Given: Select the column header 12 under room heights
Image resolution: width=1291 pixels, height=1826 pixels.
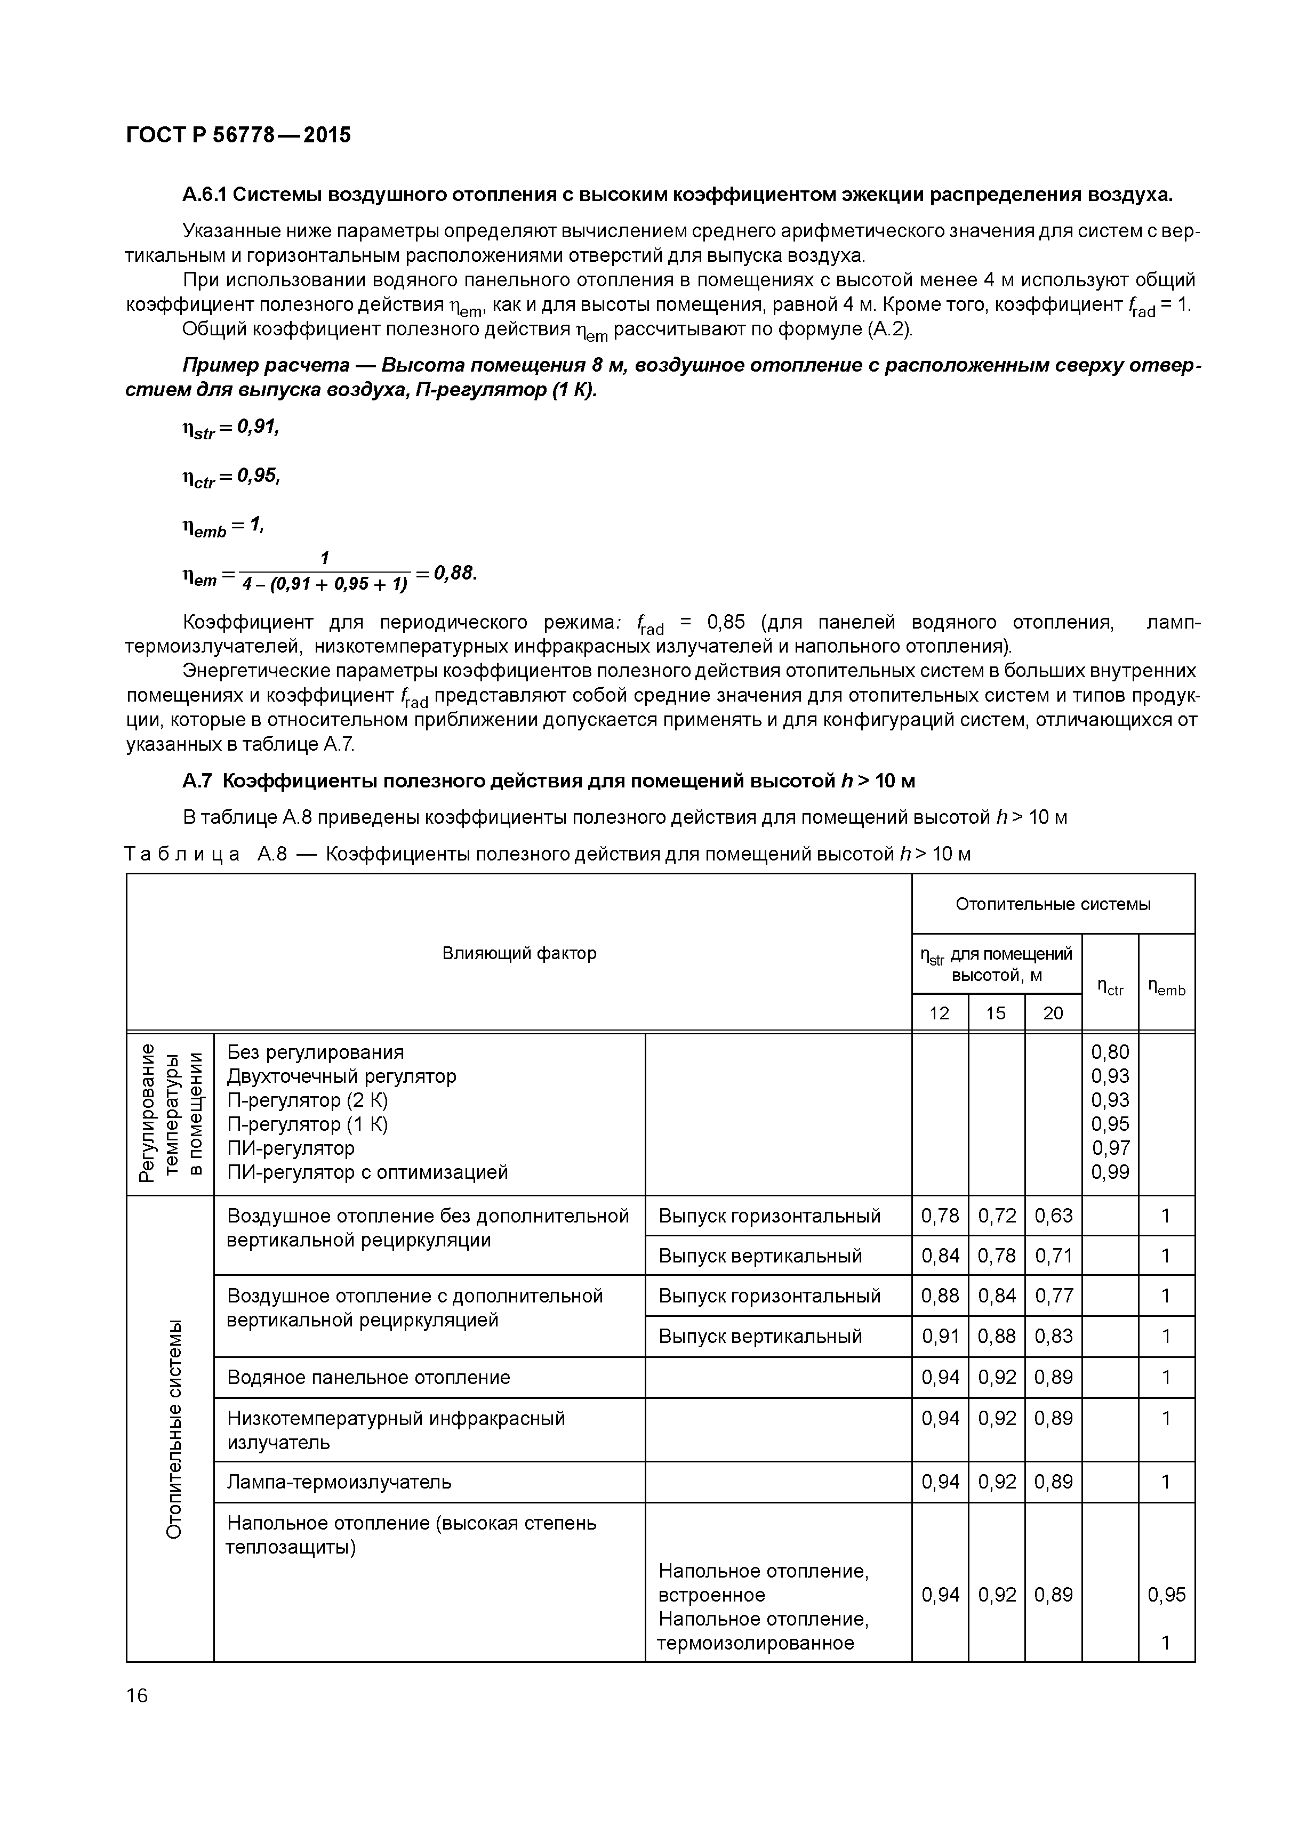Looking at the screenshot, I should [x=940, y=1012].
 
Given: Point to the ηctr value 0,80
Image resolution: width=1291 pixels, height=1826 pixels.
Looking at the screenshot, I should [x=1110, y=1052].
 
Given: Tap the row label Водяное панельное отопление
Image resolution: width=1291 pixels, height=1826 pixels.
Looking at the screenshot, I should [x=368, y=1378].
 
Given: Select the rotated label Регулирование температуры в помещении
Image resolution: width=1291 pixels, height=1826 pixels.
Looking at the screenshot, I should [x=170, y=1113].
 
